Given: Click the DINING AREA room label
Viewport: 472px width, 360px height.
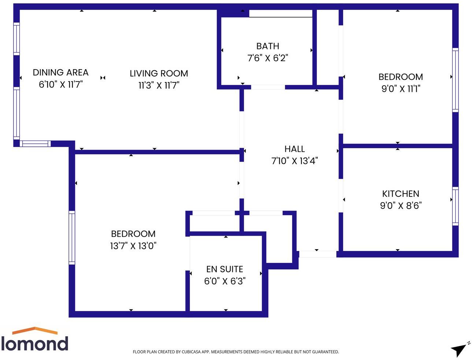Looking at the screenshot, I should [x=60, y=72].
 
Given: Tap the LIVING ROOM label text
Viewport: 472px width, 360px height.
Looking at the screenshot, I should [x=159, y=74].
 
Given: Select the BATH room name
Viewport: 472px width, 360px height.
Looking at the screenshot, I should [x=267, y=46].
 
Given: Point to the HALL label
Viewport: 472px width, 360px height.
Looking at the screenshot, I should [x=295, y=149].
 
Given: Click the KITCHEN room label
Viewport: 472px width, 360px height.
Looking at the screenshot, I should [x=401, y=194].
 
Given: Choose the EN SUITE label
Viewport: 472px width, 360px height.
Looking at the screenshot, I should [x=225, y=269].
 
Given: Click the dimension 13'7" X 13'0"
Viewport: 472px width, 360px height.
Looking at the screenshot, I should [x=133, y=245].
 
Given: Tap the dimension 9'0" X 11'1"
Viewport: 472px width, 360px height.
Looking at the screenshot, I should [x=401, y=89].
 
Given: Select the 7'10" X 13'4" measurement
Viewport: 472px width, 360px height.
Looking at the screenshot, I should [x=295, y=161].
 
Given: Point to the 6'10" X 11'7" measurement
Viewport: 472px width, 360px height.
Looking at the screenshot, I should [x=61, y=85].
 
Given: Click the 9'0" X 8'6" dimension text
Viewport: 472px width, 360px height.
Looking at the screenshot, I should [x=401, y=206].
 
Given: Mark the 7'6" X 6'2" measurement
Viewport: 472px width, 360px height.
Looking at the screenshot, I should [x=267, y=58].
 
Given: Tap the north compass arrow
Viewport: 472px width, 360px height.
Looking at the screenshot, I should [x=459, y=349].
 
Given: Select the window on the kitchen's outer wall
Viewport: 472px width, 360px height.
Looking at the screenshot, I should [x=455, y=206].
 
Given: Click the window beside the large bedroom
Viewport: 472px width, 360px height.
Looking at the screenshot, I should [x=72, y=237].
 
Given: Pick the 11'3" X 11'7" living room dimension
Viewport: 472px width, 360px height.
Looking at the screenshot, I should [x=159, y=85].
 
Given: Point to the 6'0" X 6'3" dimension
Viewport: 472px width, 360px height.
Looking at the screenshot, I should [x=225, y=281].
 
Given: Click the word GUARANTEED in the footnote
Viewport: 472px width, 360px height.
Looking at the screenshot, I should [x=323, y=352].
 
